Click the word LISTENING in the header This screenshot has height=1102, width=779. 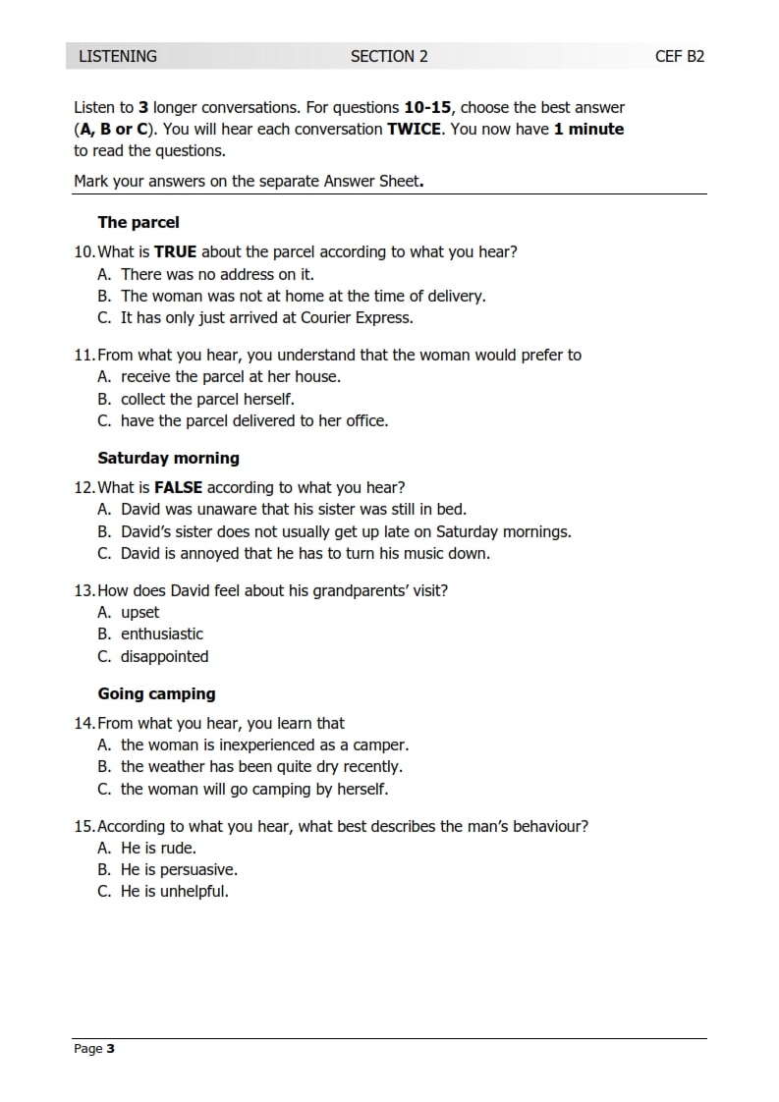point(118,57)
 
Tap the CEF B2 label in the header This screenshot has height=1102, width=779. point(680,57)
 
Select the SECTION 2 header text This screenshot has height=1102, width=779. point(389,57)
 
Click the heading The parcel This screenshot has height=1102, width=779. point(139,223)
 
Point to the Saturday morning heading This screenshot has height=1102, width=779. point(168,459)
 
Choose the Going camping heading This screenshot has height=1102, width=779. point(156,694)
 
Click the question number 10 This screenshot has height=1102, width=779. point(83,252)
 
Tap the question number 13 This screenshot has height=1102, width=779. point(83,591)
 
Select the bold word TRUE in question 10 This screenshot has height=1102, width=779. point(176,252)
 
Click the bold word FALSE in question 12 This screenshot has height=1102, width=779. point(179,488)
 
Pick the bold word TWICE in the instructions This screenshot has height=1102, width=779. point(415,130)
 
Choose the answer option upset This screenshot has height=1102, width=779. point(139,613)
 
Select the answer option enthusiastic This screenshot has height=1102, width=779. point(162,634)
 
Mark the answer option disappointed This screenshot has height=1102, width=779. point(164,657)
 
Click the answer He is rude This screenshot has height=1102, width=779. point(158,849)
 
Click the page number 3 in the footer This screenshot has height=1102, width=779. point(111,1049)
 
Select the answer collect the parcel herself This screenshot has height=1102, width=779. point(207,400)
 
